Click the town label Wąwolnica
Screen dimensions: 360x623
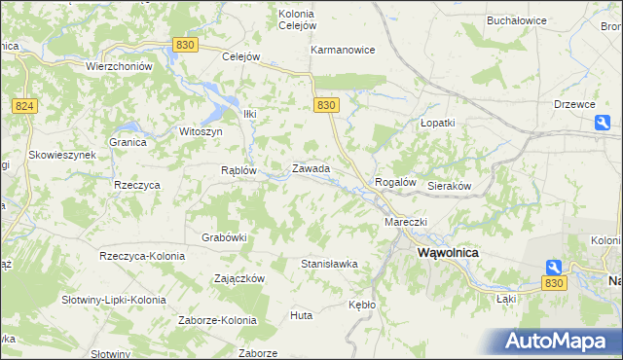(447, 251)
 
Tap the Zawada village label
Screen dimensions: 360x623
(311, 168)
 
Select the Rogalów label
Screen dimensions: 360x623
(395, 182)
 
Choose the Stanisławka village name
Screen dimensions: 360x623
(329, 264)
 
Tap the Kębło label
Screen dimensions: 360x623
(361, 305)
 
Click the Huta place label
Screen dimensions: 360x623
(301, 315)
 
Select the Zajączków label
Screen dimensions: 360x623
(239, 277)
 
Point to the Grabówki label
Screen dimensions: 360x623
(224, 236)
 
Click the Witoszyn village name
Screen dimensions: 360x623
(202, 131)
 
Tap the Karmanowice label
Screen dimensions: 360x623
(343, 50)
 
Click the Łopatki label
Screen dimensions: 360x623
(437, 124)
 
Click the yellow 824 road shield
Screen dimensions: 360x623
(25, 105)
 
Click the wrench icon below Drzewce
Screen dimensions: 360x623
(603, 123)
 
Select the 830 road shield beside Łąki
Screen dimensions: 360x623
(554, 282)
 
